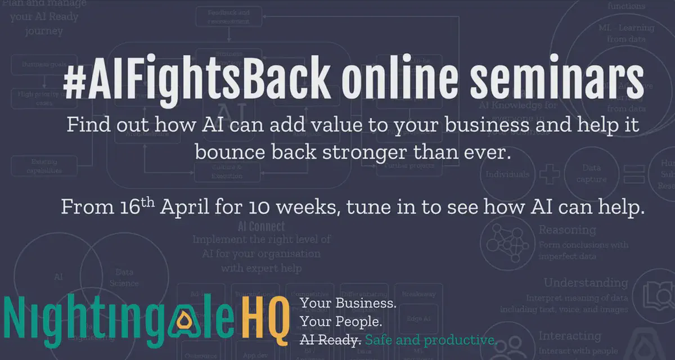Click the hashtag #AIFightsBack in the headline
[x=196, y=82]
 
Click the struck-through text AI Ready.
[x=330, y=340]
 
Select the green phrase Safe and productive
[x=430, y=340]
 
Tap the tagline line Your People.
[x=341, y=322]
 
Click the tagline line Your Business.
[x=348, y=304]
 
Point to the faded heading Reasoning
[x=567, y=230]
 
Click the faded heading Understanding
[x=586, y=283]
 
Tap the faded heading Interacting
[x=569, y=336]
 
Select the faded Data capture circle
[x=591, y=174]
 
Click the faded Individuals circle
[x=507, y=174]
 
